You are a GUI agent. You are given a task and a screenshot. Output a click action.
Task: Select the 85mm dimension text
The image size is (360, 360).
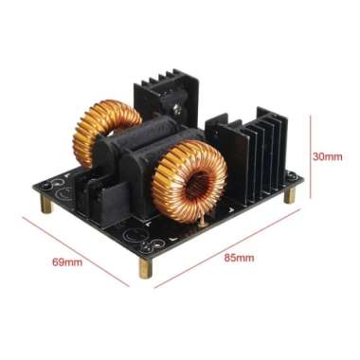coord(237,257)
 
